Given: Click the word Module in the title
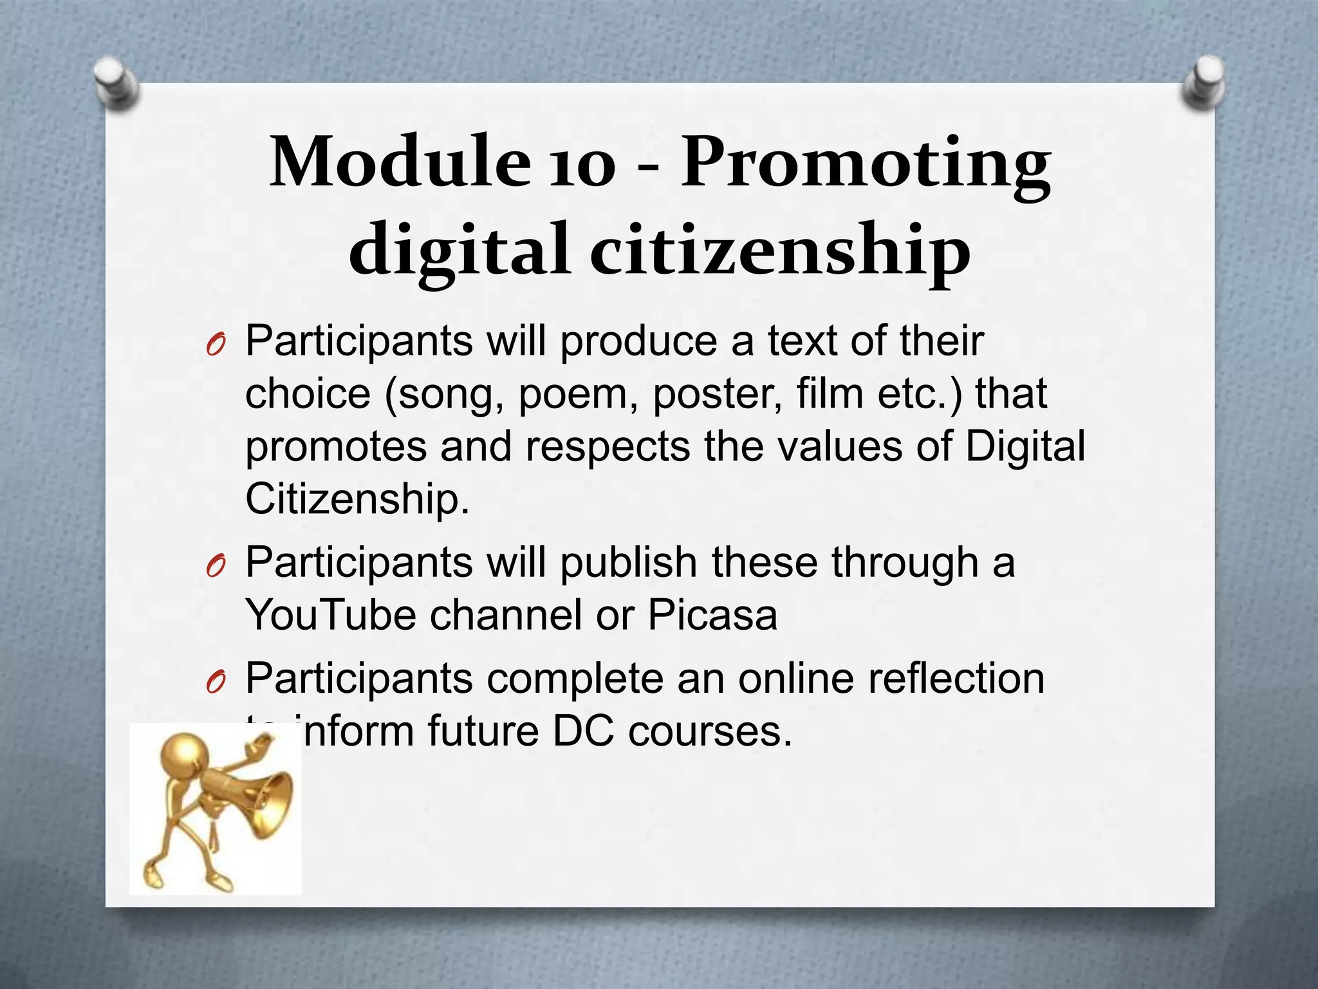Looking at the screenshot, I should point(399,162).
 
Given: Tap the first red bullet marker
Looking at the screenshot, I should point(215,347).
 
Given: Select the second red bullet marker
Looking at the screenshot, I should point(215,567).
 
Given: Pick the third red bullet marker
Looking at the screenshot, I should point(215,683).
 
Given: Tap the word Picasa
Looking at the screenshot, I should point(712,615).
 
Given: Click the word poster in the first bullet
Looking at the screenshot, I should point(717,394).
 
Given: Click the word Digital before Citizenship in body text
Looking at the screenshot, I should point(1025,446).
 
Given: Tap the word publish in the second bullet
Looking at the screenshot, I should point(628,563).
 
